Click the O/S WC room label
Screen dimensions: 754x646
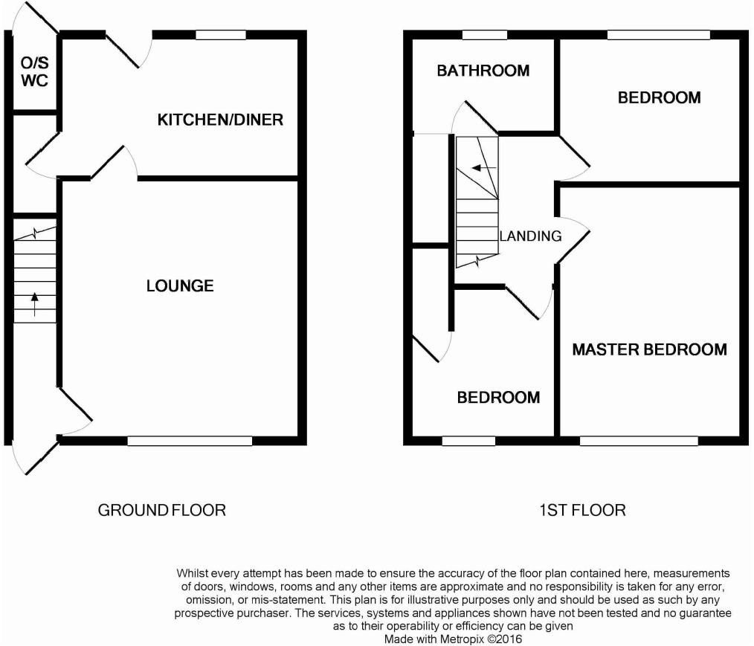(x=35, y=71)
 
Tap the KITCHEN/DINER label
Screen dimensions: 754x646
(x=220, y=120)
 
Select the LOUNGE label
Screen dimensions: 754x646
(x=180, y=286)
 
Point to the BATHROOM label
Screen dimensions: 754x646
(x=483, y=71)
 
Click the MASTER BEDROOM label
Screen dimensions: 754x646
(x=649, y=349)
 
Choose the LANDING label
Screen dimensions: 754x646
(x=530, y=236)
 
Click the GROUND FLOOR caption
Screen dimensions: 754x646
(x=161, y=510)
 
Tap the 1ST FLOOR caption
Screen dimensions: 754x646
(x=582, y=510)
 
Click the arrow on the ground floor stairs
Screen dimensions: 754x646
(x=35, y=304)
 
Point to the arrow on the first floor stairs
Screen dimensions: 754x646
(x=484, y=168)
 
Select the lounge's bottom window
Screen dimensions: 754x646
(x=190, y=441)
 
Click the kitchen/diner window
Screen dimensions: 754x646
(x=221, y=35)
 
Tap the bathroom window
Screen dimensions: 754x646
(x=485, y=35)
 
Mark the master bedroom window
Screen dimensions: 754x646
(x=639, y=441)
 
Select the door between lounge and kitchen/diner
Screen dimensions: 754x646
(x=115, y=163)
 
